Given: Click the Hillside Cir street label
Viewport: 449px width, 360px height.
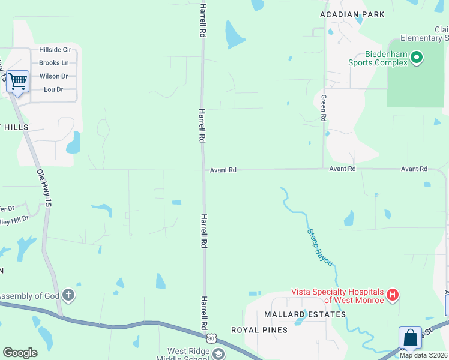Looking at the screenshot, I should [55, 50].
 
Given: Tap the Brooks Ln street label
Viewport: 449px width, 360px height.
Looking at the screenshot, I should [54, 63].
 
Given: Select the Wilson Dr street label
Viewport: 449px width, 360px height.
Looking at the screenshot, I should [54, 76].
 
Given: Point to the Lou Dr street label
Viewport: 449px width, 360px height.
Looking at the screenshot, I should [54, 89].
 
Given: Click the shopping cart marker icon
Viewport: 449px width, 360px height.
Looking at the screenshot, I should [18, 81].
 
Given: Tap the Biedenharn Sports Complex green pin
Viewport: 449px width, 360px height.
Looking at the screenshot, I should [417, 58].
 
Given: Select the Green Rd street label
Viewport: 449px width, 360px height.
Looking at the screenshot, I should [324, 108].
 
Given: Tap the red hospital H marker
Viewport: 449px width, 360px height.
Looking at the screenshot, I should [393, 295].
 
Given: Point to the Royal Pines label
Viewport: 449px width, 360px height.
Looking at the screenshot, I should [259, 330].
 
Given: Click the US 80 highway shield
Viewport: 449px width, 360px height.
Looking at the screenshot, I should [211, 339].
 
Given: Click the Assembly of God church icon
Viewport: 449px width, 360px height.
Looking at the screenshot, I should [69, 295].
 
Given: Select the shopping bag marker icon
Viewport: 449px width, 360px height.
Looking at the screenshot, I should [411, 338].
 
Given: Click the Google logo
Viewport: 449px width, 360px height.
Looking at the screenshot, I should [20, 353].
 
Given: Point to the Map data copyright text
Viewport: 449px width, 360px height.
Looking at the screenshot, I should [423, 355].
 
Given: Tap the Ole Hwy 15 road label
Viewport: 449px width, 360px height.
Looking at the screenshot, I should [42, 188].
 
